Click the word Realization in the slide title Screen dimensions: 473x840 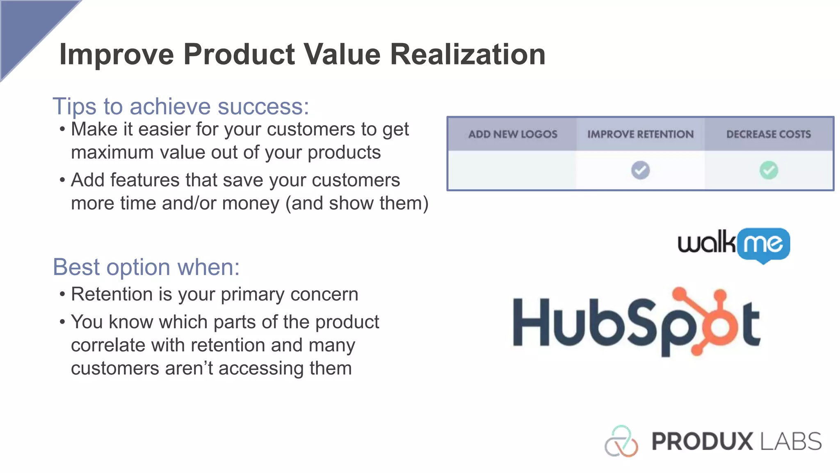(x=468, y=55)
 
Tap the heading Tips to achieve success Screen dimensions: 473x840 (x=180, y=106)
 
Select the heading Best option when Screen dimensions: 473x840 (x=146, y=267)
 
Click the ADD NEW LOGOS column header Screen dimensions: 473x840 (x=513, y=134)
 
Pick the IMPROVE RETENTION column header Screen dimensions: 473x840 (x=640, y=134)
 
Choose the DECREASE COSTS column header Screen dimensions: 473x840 (x=769, y=134)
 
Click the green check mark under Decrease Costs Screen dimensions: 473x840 (x=769, y=170)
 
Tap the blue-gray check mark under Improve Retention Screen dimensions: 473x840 (x=640, y=170)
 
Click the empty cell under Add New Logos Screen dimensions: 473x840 (x=513, y=170)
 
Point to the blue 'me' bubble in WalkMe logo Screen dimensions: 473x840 (x=763, y=244)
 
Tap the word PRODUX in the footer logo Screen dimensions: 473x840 (x=702, y=442)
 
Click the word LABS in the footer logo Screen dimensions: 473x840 (x=791, y=442)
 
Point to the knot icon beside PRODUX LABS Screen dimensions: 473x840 (x=621, y=442)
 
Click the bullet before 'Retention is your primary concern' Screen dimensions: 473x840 (x=62, y=294)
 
